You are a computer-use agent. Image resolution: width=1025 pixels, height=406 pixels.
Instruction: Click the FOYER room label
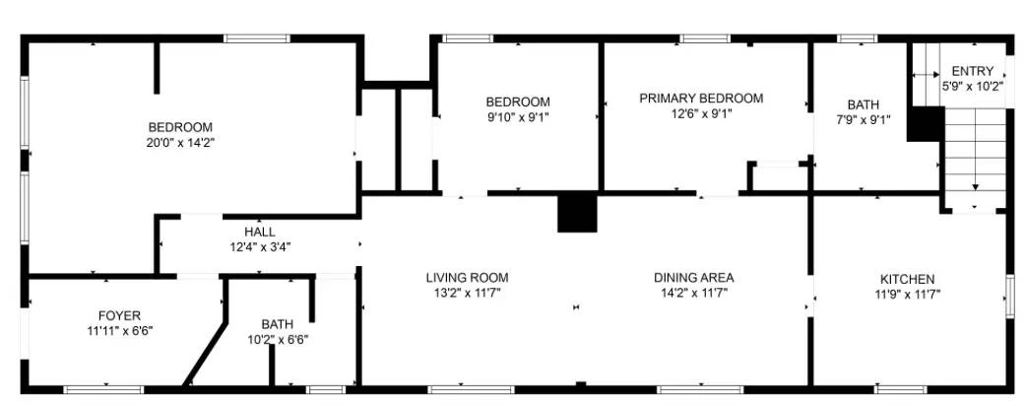point(118,315)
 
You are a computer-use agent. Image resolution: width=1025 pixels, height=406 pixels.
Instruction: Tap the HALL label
point(260,232)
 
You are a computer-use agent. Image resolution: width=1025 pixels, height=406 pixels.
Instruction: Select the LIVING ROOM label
point(467,278)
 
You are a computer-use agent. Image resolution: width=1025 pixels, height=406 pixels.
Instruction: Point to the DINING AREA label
point(693,278)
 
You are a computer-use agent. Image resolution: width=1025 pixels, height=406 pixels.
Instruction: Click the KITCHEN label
point(905,279)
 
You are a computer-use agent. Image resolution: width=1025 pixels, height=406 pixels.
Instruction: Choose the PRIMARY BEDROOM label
point(700,99)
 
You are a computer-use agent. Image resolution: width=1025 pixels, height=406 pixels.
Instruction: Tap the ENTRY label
point(972,71)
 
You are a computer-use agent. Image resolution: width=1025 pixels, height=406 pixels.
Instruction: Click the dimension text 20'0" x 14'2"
point(180,142)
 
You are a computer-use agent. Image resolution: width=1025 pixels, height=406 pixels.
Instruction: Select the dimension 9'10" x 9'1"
point(517,116)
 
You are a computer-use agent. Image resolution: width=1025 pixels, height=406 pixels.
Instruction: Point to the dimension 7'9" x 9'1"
point(863,120)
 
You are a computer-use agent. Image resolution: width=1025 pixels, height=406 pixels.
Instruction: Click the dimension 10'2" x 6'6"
point(277,339)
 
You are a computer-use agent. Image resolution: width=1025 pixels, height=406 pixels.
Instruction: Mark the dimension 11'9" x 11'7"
point(905,294)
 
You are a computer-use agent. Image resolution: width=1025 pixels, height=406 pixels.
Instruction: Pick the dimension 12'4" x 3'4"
point(260,246)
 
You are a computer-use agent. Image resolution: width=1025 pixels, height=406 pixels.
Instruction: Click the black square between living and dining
point(577,213)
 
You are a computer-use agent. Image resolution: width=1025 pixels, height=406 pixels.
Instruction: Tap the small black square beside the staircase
point(925,124)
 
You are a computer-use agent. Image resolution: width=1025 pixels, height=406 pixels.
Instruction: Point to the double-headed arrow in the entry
point(926,75)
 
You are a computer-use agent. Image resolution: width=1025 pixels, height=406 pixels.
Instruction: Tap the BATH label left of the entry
point(863,105)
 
